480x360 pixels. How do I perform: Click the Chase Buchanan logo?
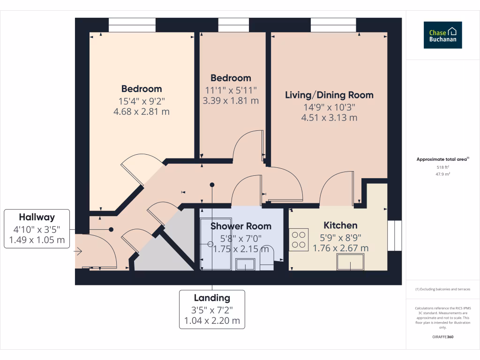[x=442, y=35]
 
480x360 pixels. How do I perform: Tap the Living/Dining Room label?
[x=329, y=95]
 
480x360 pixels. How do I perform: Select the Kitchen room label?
[x=340, y=225]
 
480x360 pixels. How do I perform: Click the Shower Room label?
[x=240, y=226]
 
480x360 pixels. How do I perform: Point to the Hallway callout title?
[x=37, y=217]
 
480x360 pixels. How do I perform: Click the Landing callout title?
[x=212, y=298]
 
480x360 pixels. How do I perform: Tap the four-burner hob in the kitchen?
[x=298, y=238]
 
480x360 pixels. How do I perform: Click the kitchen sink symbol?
[x=351, y=262]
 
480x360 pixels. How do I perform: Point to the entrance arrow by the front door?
[x=78, y=252]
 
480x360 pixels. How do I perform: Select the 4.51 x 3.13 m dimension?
[x=329, y=118]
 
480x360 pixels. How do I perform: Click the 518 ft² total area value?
[x=443, y=167]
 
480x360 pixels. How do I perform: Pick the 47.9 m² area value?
[x=443, y=174]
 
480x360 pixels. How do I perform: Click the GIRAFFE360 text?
[x=443, y=337]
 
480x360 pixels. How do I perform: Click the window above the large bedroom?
[x=132, y=25]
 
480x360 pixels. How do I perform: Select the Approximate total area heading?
[x=442, y=159]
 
